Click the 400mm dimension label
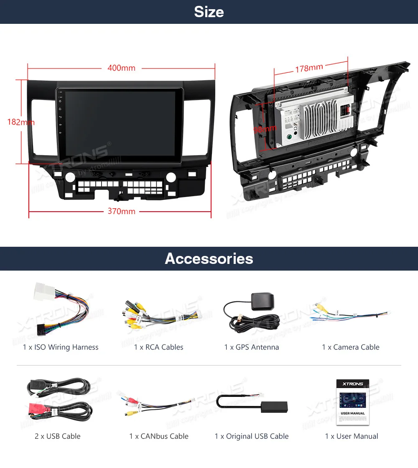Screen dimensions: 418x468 [x=121, y=68]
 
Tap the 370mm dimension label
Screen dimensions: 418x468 [x=122, y=211]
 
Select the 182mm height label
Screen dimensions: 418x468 [x=20, y=122]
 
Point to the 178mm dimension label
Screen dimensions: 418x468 [x=309, y=68]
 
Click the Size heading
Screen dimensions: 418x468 [x=209, y=12]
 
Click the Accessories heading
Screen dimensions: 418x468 [x=209, y=258]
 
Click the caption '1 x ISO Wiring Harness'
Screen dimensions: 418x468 [x=61, y=347]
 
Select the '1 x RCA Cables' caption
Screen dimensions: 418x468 [x=159, y=347]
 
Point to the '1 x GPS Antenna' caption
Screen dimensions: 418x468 [x=252, y=347]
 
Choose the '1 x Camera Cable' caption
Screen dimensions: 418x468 [x=351, y=347]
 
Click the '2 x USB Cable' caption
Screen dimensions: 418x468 [x=58, y=436]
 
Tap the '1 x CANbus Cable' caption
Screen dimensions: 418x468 [x=159, y=436]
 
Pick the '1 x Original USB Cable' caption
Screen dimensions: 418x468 [x=252, y=436]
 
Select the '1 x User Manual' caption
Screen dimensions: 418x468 [x=352, y=436]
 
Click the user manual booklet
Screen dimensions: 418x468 [x=353, y=402]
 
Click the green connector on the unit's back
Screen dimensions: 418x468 [x=288, y=137]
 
